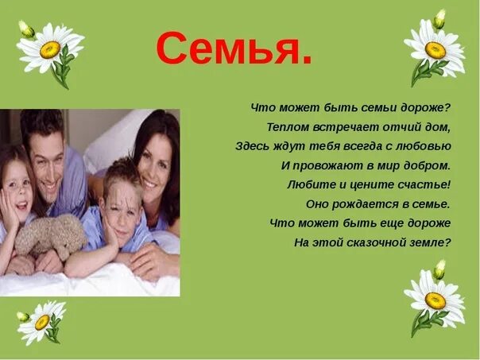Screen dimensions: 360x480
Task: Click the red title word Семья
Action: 234,49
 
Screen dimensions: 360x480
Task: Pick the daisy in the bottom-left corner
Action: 42,320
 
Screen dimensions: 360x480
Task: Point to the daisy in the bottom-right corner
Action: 434,299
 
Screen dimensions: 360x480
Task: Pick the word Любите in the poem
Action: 307,184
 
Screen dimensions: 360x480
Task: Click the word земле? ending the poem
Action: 432,242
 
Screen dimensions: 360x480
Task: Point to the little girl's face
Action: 17,194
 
